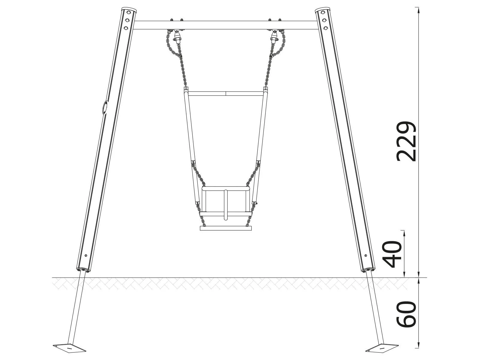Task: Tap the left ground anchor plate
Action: (x=70, y=348)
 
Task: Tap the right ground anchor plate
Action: (x=382, y=348)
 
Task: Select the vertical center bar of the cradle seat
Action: (x=225, y=204)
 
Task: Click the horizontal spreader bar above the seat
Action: (x=225, y=93)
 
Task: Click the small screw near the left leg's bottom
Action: (x=86, y=255)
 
